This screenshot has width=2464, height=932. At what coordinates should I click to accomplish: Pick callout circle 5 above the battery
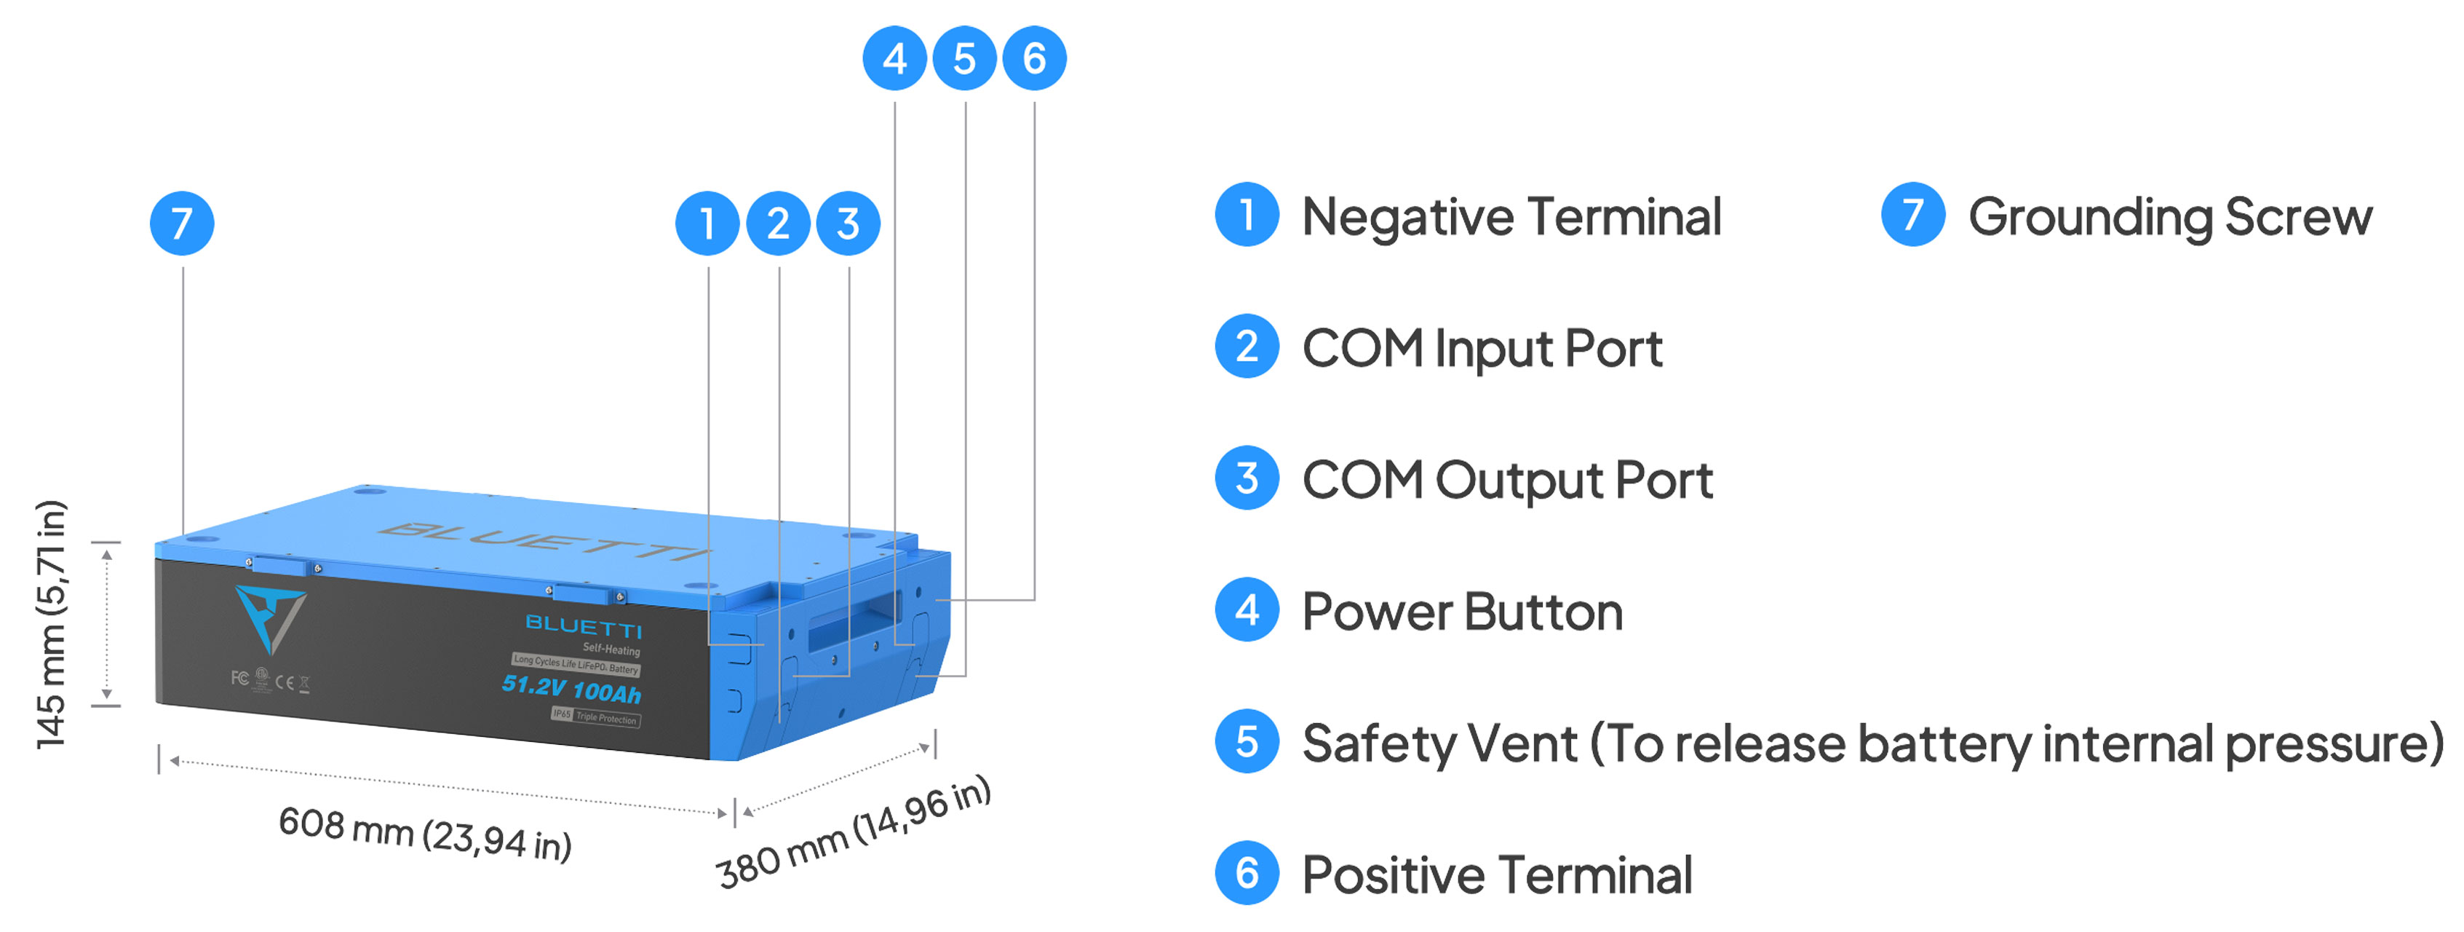pyautogui.click(x=964, y=58)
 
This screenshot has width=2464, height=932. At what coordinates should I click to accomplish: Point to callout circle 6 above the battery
pyautogui.click(x=1034, y=58)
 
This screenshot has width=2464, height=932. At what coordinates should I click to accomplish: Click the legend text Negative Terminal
pyautogui.click(x=1511, y=216)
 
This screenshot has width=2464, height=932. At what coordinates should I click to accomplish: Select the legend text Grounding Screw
pyautogui.click(x=2169, y=217)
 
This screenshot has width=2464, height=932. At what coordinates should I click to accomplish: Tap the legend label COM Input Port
pyautogui.click(x=1482, y=348)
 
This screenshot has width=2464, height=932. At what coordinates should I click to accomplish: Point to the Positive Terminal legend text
pyautogui.click(x=1497, y=874)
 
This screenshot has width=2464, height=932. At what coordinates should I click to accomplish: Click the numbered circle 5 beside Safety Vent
pyautogui.click(x=1247, y=741)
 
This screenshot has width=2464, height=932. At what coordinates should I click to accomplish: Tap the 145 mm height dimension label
pyautogui.click(x=52, y=624)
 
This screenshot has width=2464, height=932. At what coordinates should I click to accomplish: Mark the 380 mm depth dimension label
pyautogui.click(x=853, y=831)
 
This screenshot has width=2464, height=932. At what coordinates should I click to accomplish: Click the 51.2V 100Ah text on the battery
pyautogui.click(x=571, y=688)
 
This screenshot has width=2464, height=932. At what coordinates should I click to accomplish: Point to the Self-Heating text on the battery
pyautogui.click(x=611, y=649)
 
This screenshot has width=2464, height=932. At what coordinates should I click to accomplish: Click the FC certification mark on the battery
pyautogui.click(x=239, y=677)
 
